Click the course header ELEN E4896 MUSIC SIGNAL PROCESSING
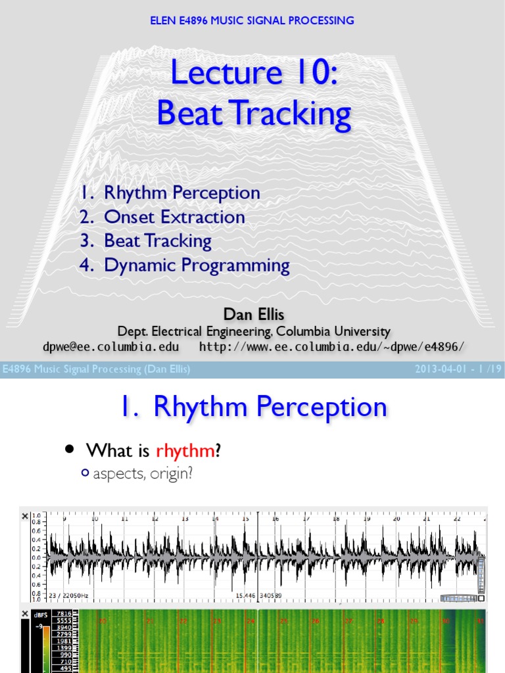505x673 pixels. (x=252, y=20)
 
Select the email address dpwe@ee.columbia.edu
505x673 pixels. (x=102, y=346)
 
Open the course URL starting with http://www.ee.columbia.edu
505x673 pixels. (x=335, y=346)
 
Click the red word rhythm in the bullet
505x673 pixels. (x=185, y=451)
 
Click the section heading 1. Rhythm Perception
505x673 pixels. (x=252, y=407)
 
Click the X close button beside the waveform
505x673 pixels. (x=25, y=517)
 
